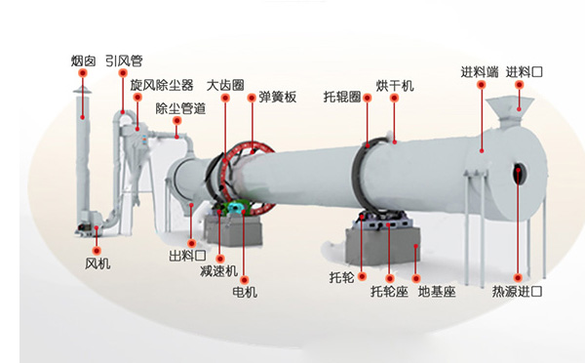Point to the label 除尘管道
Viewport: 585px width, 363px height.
click(180, 107)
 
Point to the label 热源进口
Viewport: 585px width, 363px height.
click(518, 291)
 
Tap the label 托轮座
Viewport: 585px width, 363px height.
click(389, 291)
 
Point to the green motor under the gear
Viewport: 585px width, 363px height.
click(235, 211)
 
